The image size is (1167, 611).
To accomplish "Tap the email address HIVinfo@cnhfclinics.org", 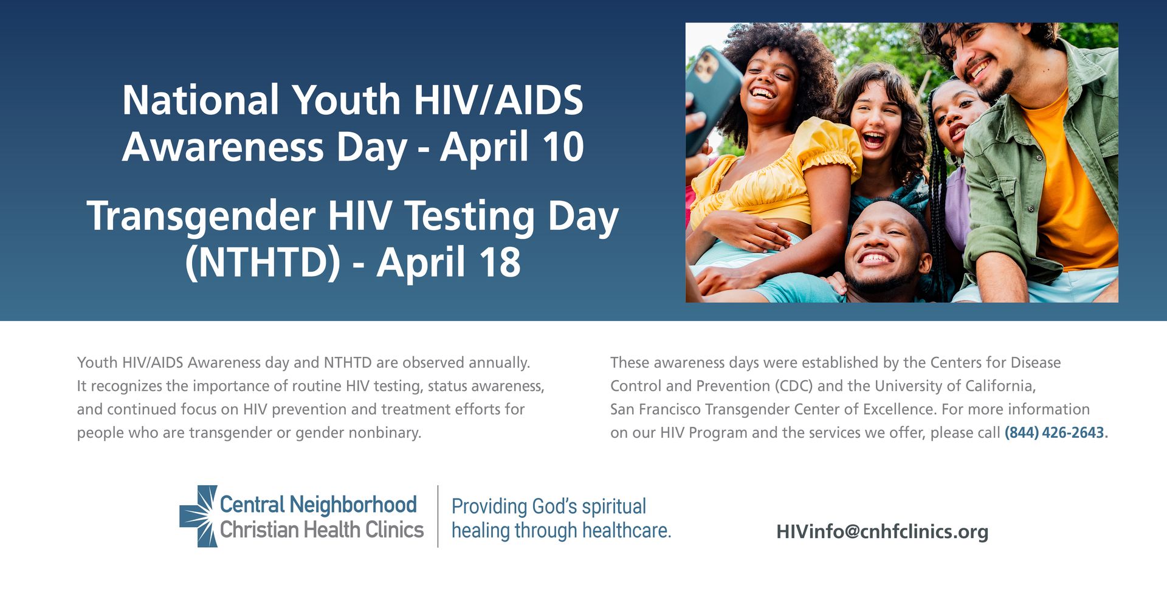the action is [883, 532].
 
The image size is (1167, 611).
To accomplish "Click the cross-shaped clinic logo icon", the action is [198, 516].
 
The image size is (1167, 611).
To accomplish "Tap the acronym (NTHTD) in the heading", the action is [263, 262].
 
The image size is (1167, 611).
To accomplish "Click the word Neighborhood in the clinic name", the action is [353, 504].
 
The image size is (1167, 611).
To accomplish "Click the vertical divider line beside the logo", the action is [438, 516].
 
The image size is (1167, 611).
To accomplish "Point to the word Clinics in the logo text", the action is [394, 530].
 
